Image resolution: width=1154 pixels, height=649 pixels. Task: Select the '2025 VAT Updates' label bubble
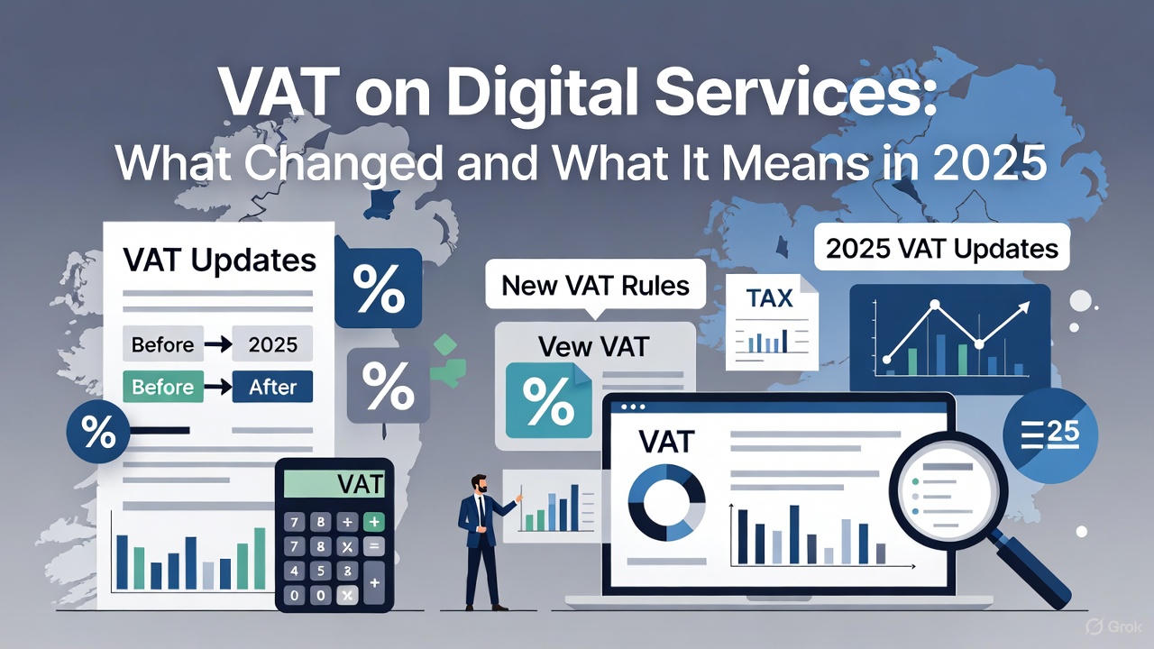click(x=941, y=248)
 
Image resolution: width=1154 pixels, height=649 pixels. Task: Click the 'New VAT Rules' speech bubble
click(x=595, y=287)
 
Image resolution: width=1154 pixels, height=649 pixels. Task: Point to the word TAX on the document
click(x=769, y=297)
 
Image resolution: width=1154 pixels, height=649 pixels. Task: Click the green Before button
click(x=162, y=387)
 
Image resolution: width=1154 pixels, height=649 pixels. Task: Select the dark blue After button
click(x=272, y=387)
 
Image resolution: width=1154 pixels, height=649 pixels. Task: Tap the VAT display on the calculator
click(x=334, y=484)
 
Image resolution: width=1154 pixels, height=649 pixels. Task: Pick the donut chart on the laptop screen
click(x=666, y=501)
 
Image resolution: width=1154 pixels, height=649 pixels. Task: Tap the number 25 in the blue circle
click(x=1063, y=434)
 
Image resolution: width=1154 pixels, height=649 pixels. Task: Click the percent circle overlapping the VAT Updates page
click(x=97, y=433)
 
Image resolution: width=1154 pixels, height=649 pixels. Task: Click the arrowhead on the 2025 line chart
click(x=1025, y=307)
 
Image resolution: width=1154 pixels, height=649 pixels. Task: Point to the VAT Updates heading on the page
click(x=220, y=261)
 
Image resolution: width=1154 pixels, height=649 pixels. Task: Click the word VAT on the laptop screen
click(x=665, y=441)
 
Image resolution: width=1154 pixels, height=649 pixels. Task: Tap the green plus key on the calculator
click(x=372, y=522)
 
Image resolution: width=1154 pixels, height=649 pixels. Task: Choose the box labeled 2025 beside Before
click(x=272, y=344)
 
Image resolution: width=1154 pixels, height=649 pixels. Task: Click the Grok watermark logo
click(x=1096, y=626)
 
